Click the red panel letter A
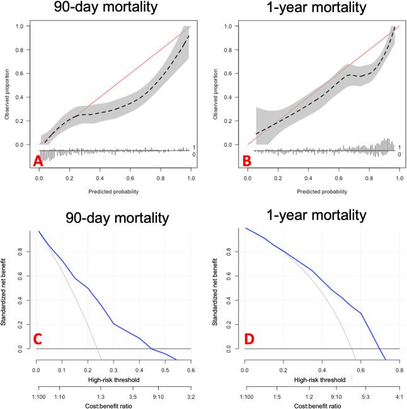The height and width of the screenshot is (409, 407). pyautogui.click(x=38, y=162)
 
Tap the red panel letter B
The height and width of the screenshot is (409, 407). pyautogui.click(x=247, y=162)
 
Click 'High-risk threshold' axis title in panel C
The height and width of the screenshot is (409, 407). pyautogui.click(x=113, y=380)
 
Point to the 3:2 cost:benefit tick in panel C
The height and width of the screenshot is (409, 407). pyautogui.click(x=190, y=398)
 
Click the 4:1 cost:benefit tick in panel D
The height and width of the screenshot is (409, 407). pyautogui.click(x=399, y=398)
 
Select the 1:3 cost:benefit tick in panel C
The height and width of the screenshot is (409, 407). pyautogui.click(x=100, y=398)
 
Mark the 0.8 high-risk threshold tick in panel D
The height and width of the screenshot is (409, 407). pyautogui.click(x=399, y=371)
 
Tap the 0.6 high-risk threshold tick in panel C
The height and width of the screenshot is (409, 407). pyautogui.click(x=190, y=371)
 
